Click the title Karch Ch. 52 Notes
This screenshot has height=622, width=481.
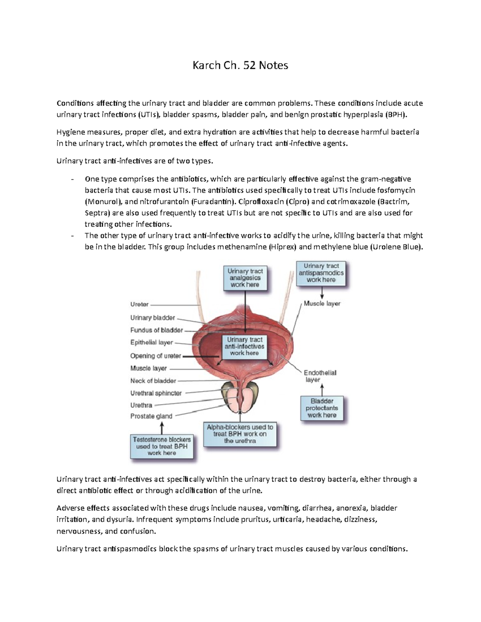pyautogui.click(x=240, y=65)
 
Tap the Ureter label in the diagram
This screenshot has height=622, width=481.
pyautogui.click(x=139, y=304)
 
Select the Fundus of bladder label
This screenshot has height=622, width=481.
pyautogui.click(x=156, y=330)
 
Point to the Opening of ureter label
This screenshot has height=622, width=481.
pyautogui.click(x=156, y=356)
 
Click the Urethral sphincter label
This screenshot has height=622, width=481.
pyautogui.click(x=156, y=393)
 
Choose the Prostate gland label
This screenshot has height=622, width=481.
pyautogui.click(x=151, y=416)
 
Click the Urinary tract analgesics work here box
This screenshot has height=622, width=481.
pyautogui.click(x=245, y=278)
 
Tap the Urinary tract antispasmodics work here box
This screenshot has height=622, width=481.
pyautogui.click(x=321, y=273)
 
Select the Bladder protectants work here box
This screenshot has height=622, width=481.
pyautogui.click(x=322, y=408)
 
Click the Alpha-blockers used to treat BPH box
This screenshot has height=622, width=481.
pyautogui.click(x=240, y=434)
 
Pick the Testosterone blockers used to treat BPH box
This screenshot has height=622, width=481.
pyautogui.click(x=162, y=446)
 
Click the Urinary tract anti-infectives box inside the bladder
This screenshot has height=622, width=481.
pyautogui.click(x=245, y=346)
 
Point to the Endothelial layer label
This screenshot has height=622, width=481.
pyautogui.click(x=320, y=376)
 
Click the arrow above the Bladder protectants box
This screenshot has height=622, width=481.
pyautogui.click(x=322, y=389)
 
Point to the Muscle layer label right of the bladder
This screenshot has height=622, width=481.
pyautogui.click(x=322, y=304)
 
